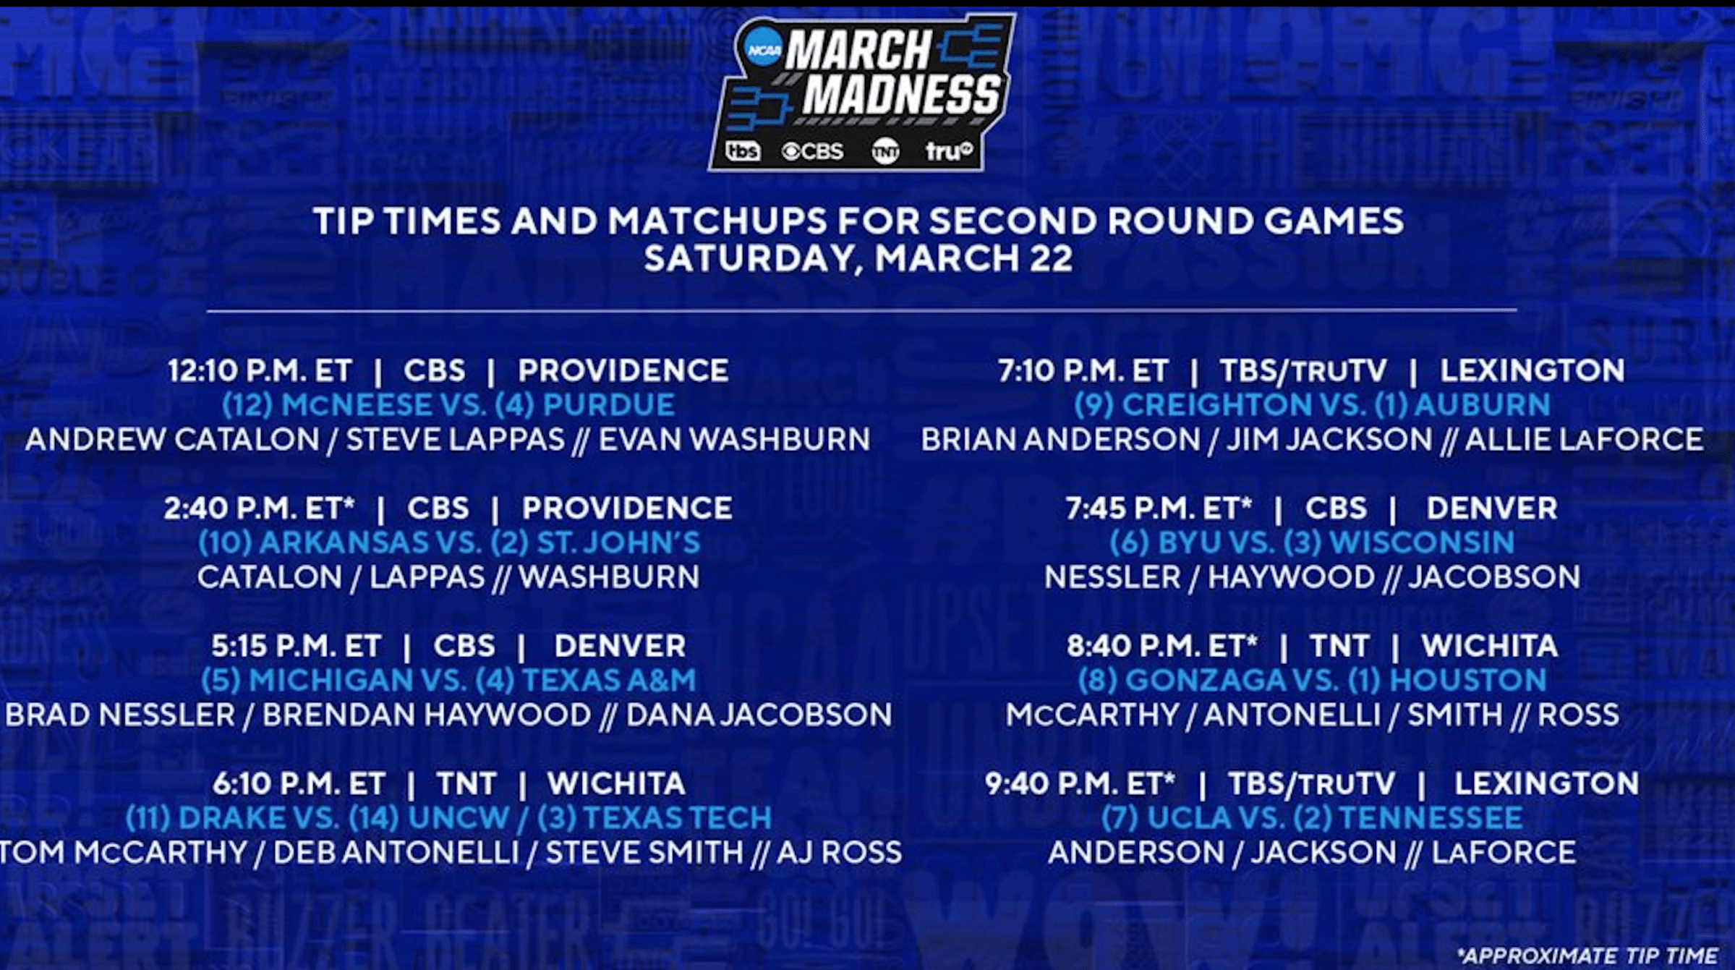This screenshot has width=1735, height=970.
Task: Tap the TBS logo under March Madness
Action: click(x=743, y=151)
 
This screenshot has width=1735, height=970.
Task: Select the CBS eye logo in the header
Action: click(x=813, y=151)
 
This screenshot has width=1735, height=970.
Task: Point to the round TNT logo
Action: click(x=886, y=152)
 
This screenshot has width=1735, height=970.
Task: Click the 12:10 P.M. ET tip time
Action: click(x=260, y=371)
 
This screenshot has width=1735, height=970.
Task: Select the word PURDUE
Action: click(x=608, y=405)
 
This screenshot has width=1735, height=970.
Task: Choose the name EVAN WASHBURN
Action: click(x=734, y=440)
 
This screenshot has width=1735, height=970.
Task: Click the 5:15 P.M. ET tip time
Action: click(x=296, y=646)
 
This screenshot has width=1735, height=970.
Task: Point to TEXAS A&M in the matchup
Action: click(x=609, y=681)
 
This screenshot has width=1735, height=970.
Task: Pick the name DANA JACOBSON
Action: click(x=759, y=715)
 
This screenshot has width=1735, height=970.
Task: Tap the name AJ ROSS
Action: click(x=840, y=853)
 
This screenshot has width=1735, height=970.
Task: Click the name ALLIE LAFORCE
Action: click(x=1584, y=440)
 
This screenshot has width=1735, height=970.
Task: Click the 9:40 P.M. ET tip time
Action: click(x=1080, y=783)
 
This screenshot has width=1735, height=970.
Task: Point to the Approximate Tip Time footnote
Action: click(x=1587, y=956)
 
